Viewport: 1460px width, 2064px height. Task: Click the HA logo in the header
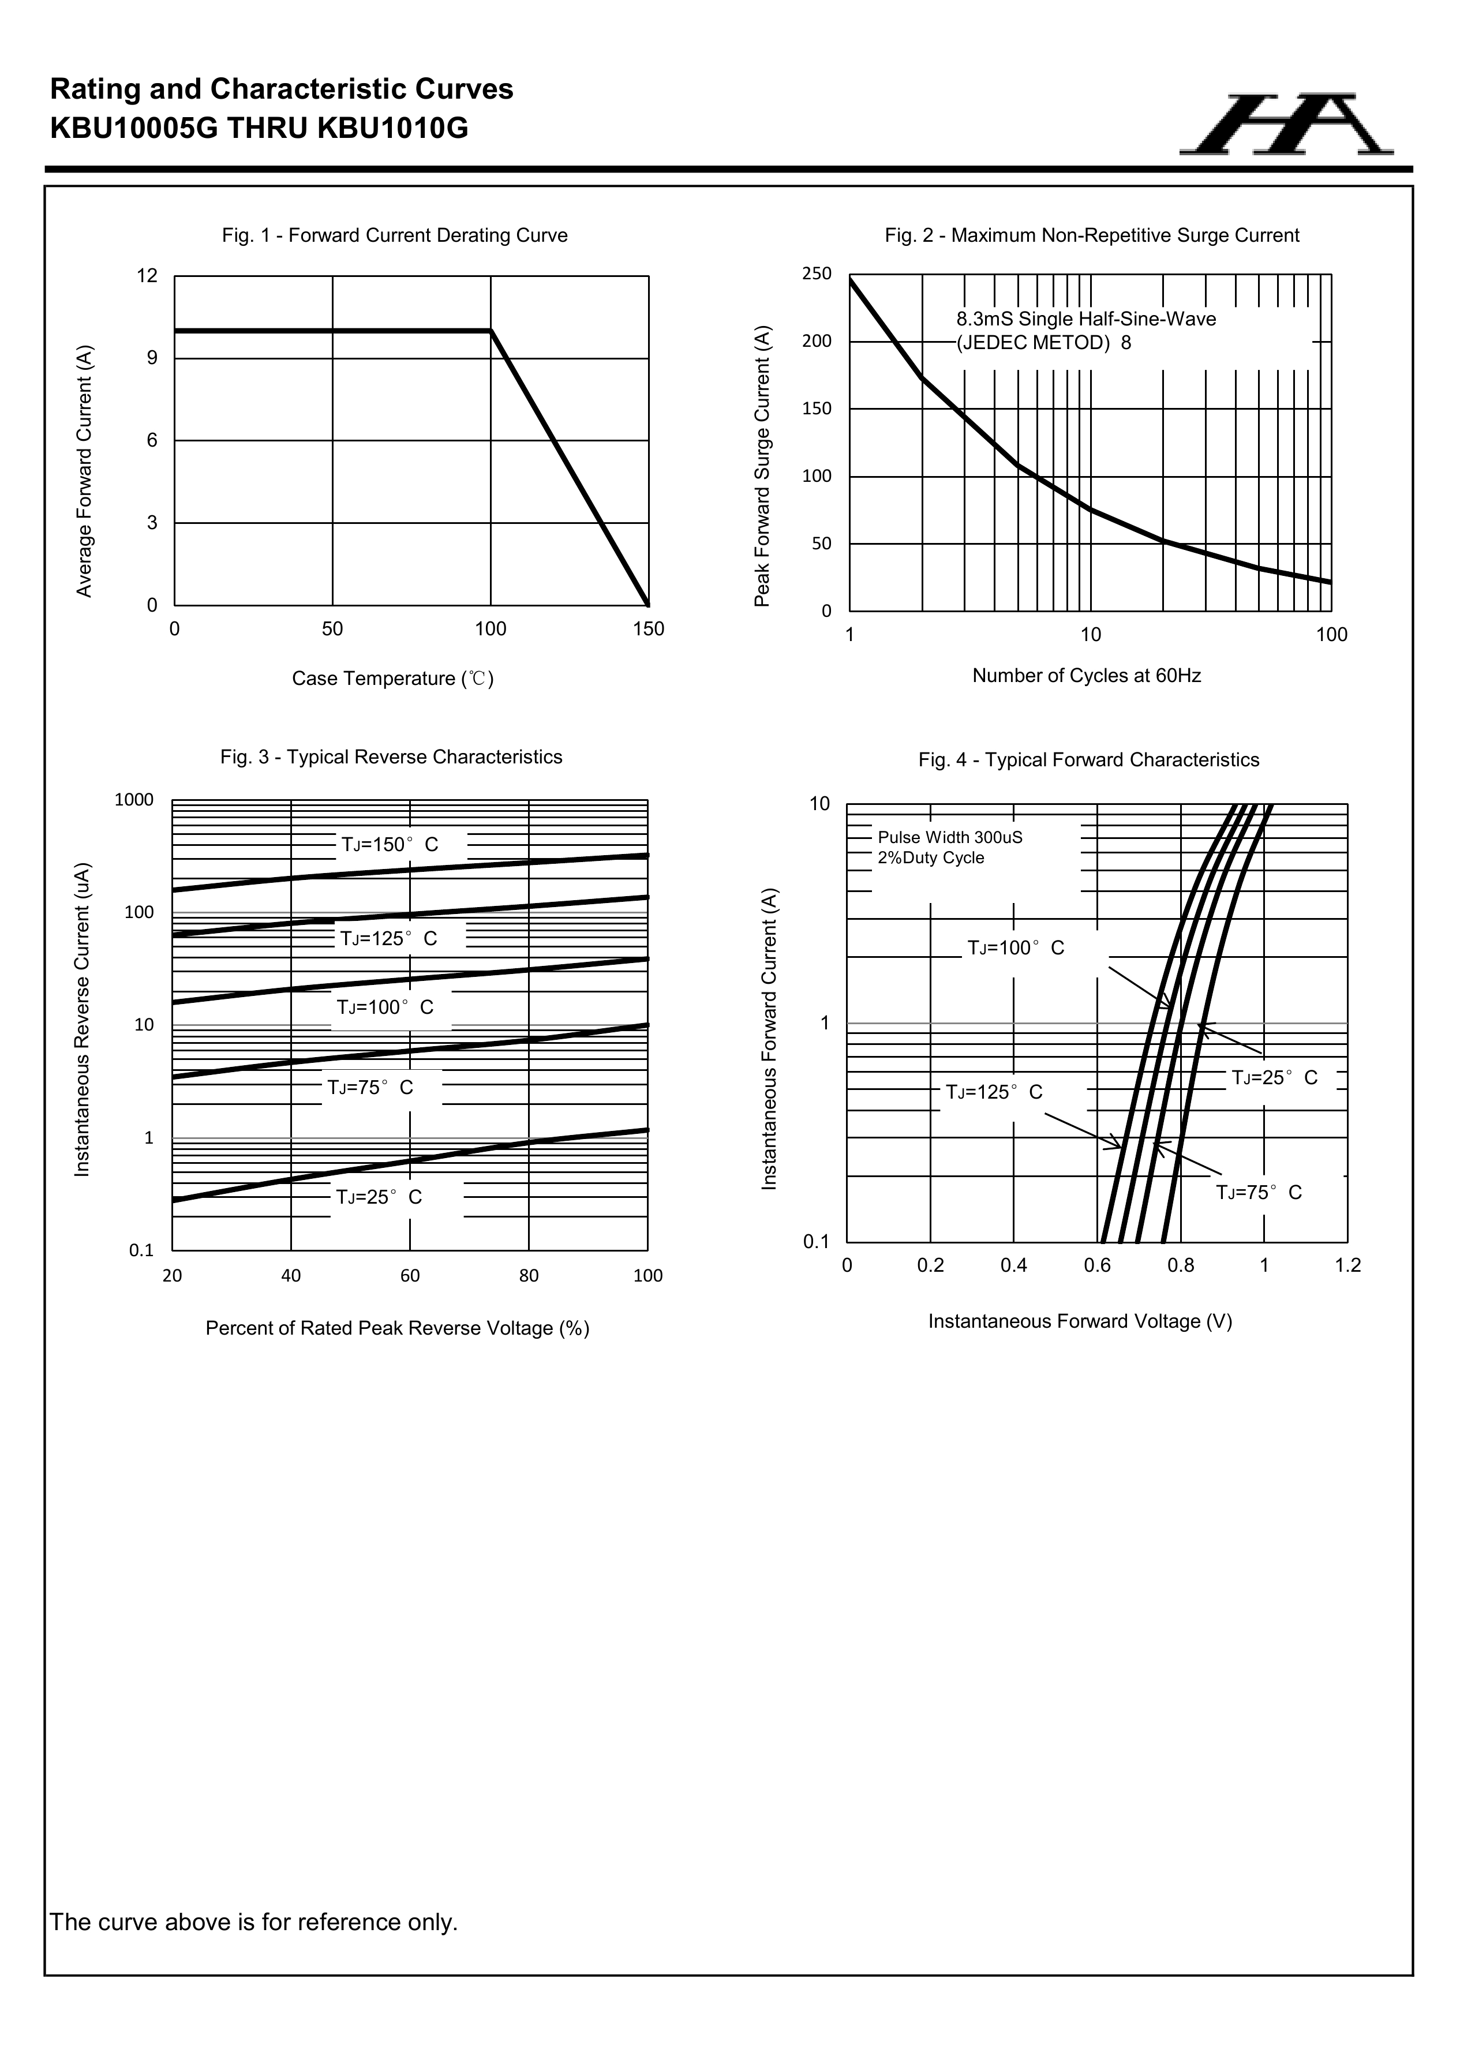tap(1286, 124)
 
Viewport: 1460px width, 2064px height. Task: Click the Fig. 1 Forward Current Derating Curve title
tap(395, 235)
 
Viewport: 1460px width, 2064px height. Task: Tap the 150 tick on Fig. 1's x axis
tap(648, 630)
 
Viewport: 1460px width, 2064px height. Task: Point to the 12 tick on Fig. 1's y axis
tap(147, 276)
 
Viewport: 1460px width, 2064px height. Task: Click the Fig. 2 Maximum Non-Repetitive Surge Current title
tap(1091, 235)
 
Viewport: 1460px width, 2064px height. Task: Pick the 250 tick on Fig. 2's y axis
tap(817, 274)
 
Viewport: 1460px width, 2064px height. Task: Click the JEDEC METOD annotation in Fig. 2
tap(1043, 343)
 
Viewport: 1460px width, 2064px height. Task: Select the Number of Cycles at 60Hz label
tap(1086, 675)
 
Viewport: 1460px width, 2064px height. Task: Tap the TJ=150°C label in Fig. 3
tap(390, 845)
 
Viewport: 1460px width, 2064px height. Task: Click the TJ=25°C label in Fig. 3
tap(379, 1197)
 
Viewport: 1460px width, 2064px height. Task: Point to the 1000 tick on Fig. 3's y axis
tap(134, 800)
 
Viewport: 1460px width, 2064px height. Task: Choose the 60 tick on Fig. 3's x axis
tap(410, 1276)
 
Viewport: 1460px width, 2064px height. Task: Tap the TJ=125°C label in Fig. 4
tap(993, 1092)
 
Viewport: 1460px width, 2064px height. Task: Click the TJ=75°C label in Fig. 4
tap(1259, 1193)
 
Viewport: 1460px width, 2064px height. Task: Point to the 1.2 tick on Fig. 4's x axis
tap(1347, 1266)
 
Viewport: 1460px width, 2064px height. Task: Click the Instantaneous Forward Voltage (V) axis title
tap(1080, 1321)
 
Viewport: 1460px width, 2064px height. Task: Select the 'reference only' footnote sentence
tap(253, 1922)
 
